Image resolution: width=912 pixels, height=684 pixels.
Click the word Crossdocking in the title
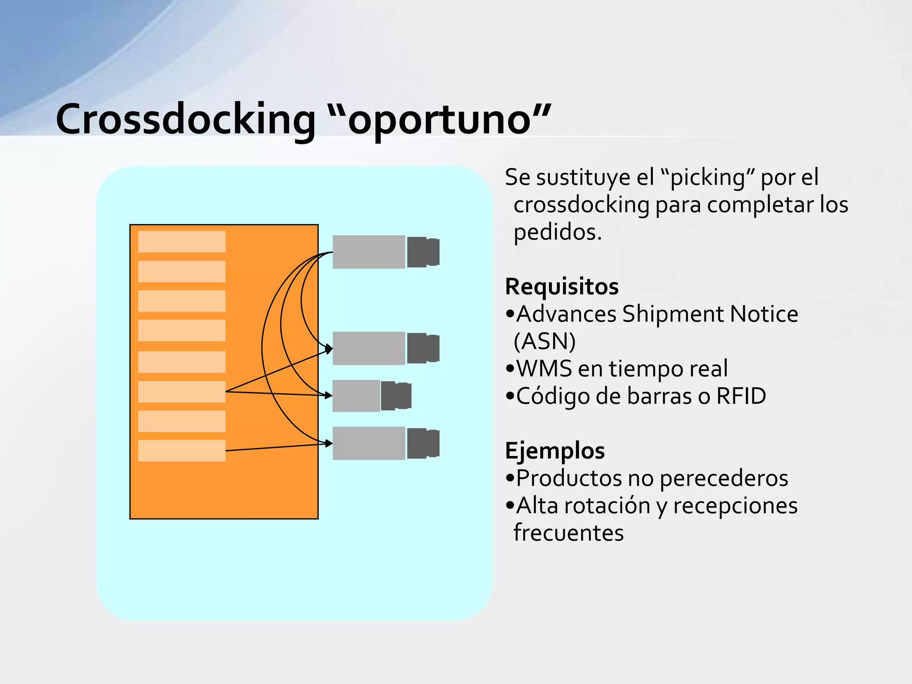[185, 119]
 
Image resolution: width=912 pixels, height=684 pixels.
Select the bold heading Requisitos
[562, 286]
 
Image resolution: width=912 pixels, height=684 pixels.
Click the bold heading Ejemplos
[554, 450]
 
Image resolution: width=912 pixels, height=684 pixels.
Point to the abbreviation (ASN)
[544, 342]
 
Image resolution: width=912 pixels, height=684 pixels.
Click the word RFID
[741, 396]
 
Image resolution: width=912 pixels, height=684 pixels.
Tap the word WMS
[544, 369]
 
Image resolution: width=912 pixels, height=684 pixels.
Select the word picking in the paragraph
[708, 178]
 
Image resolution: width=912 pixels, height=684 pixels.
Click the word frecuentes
[568, 533]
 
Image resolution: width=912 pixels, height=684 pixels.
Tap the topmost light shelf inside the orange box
[182, 241]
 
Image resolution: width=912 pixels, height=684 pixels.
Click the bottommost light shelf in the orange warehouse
[182, 451]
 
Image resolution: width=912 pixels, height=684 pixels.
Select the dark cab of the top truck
[423, 252]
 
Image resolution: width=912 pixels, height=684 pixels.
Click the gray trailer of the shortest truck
[356, 396]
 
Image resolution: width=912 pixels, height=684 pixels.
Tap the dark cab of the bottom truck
[423, 443]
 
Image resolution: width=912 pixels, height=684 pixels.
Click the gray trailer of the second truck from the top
[369, 348]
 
